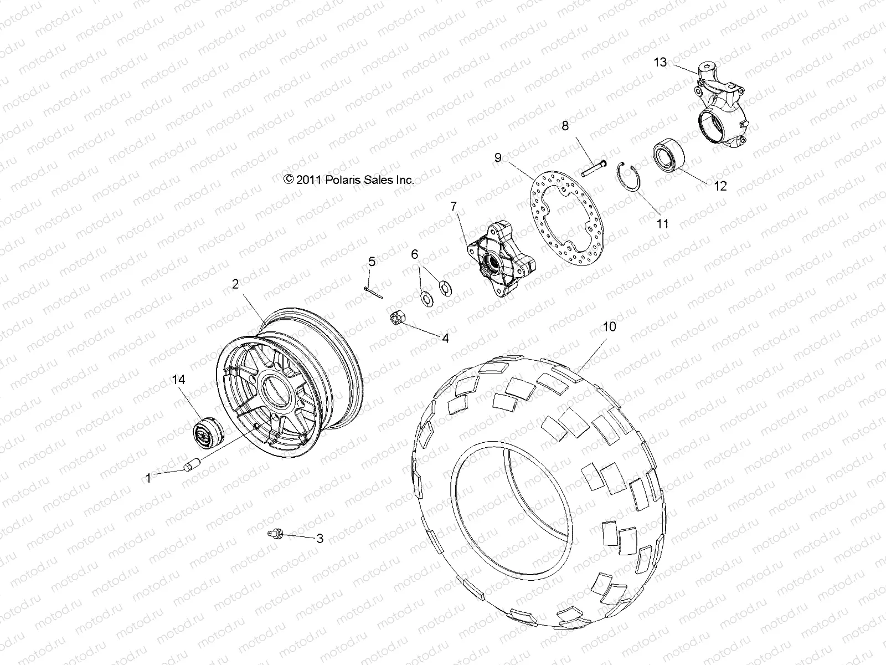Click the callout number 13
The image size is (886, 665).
pyautogui.click(x=661, y=62)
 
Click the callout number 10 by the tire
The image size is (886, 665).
pyautogui.click(x=609, y=327)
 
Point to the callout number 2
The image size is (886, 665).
pyautogui.click(x=235, y=284)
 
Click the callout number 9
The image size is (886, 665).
pyautogui.click(x=498, y=158)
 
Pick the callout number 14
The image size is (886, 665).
pyautogui.click(x=178, y=380)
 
